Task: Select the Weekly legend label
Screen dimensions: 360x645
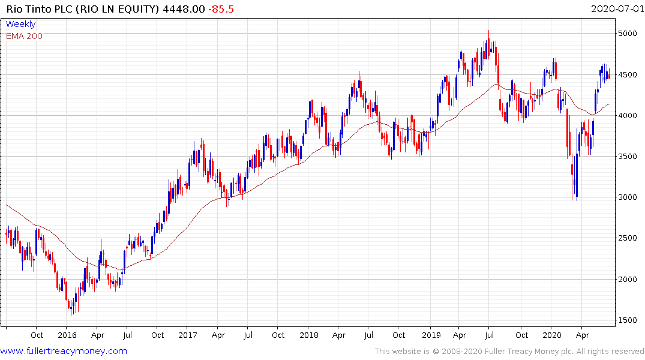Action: pyautogui.click(x=20, y=24)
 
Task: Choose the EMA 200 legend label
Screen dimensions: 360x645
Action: pyautogui.click(x=24, y=35)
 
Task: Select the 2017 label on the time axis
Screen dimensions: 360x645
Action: pyautogui.click(x=188, y=335)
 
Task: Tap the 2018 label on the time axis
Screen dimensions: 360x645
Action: pyautogui.click(x=308, y=335)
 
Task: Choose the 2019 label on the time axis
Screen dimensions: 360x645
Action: pyautogui.click(x=431, y=335)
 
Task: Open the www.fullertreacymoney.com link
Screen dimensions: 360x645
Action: pyautogui.click(x=64, y=351)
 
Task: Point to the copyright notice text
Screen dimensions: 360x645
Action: pyautogui.click(x=509, y=351)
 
